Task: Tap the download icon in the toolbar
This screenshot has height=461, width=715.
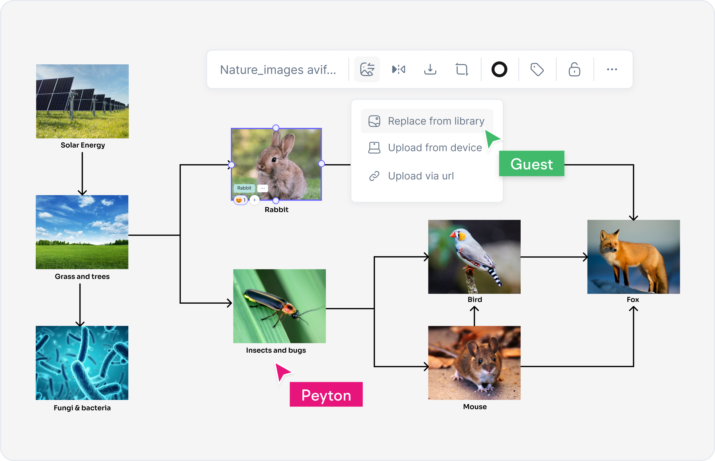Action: coord(430,69)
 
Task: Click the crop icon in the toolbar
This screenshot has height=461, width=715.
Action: coord(462,69)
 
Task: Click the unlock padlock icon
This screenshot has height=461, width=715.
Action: coord(574,69)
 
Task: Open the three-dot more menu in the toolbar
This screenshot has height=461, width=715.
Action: coord(612,69)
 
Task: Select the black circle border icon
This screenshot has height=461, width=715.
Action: coord(499,69)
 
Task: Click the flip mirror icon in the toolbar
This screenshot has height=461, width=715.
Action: coord(398,69)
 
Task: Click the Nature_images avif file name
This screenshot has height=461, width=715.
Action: coord(278,70)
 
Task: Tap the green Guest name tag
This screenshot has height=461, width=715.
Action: coord(531,164)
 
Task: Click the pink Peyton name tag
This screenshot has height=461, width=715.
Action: coord(326,395)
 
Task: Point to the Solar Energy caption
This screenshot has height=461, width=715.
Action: coord(83,145)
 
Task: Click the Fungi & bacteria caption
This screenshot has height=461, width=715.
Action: coord(82,408)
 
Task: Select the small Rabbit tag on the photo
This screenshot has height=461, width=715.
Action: coord(244,188)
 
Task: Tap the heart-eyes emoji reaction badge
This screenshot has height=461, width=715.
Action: coord(240,200)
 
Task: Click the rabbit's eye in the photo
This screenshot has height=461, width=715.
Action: coord(274,160)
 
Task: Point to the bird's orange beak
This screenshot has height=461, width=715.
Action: coord(453,235)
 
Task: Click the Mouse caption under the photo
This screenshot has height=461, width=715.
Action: coord(475,407)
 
